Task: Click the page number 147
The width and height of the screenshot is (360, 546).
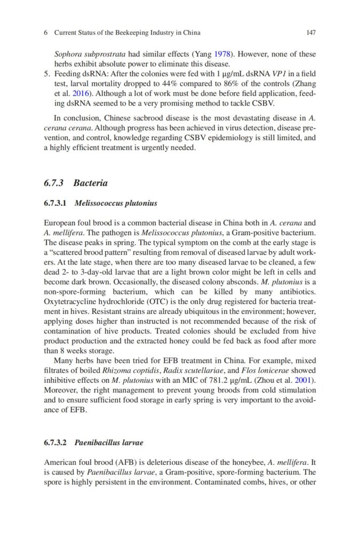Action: (x=311, y=33)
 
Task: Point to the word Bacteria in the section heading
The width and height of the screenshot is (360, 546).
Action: (x=91, y=183)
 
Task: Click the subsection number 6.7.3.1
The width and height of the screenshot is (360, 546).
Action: (x=55, y=204)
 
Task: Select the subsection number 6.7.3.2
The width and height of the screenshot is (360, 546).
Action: (x=55, y=443)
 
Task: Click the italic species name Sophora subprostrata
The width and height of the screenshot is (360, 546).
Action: (x=89, y=54)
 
